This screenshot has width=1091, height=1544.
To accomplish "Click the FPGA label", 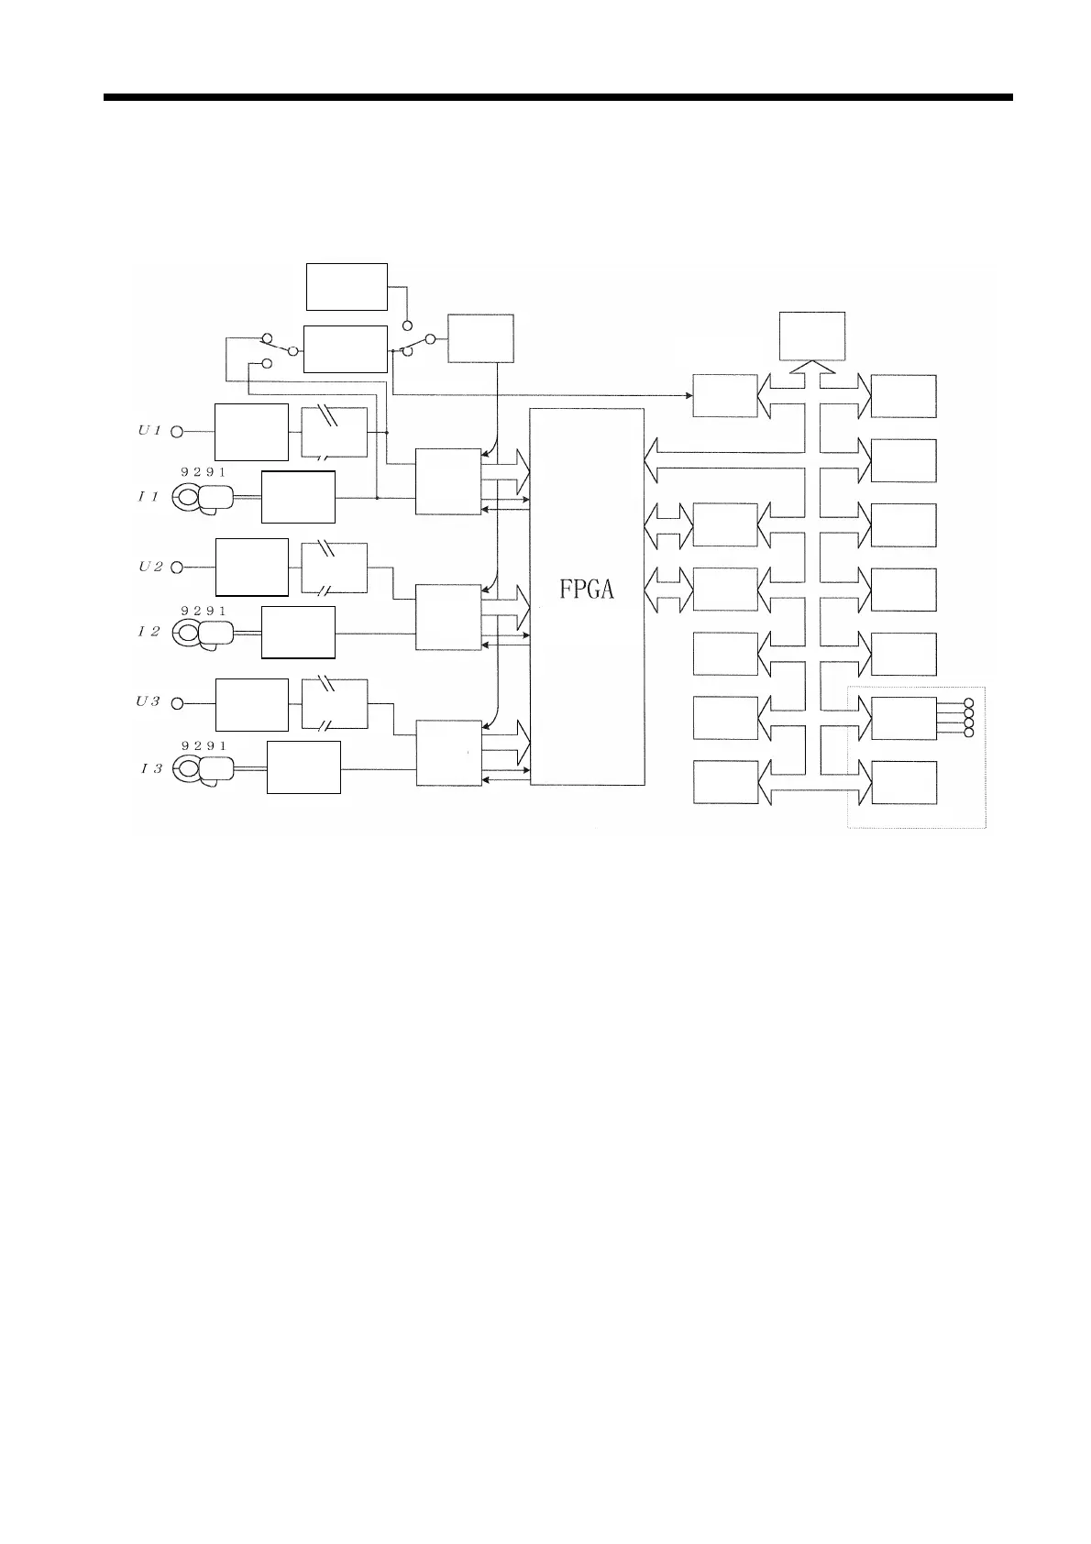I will pos(587,590).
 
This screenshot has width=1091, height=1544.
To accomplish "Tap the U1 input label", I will pos(149,430).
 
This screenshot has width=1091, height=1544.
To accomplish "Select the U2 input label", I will pos(150,567).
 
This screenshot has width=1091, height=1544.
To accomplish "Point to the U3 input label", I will pos(149,701).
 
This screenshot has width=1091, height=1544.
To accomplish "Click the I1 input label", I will pos(149,497).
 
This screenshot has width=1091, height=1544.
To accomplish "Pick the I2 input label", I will pos(149,632).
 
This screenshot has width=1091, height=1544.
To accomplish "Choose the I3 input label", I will pos(151,768).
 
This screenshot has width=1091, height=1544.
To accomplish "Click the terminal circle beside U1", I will pos(178,431).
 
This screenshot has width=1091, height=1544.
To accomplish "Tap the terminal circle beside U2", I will pos(178,568).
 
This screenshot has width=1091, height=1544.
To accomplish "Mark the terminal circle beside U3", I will pos(178,703).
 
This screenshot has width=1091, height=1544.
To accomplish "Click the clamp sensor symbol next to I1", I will pos(204,498).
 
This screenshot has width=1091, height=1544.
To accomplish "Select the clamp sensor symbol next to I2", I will pos(204,634).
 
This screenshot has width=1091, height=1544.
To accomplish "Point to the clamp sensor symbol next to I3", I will pos(204,769).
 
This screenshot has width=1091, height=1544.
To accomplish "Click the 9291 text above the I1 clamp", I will pos(203,471).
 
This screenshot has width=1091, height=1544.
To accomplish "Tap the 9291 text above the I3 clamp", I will pos(203,746).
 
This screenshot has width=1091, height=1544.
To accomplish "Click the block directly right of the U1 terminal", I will pos(251,431).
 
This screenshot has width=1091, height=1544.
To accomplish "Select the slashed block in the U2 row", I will pos(335,568).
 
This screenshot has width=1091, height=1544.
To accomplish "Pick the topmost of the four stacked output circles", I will pos(969,702).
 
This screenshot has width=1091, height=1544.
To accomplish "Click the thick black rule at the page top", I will pos(557,96).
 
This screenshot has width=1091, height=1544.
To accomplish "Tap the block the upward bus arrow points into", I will pos(811,336).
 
